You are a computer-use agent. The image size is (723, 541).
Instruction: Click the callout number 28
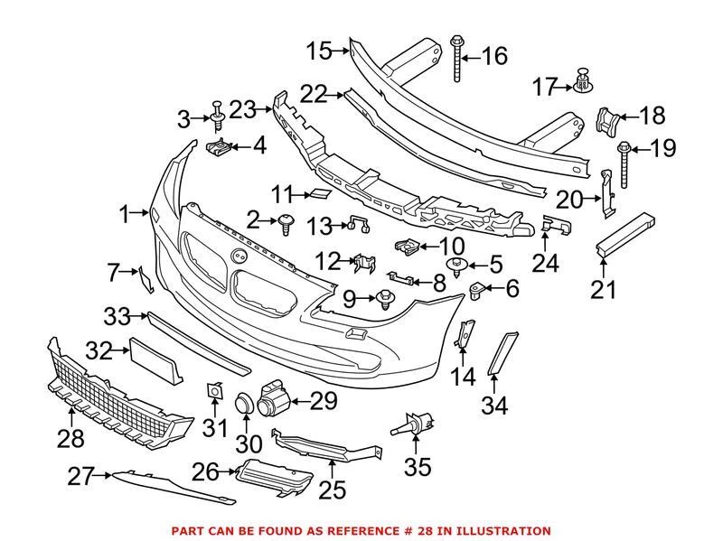[70, 440]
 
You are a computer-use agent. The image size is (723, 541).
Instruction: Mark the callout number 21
[603, 291]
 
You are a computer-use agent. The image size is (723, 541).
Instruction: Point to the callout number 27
[80, 475]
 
